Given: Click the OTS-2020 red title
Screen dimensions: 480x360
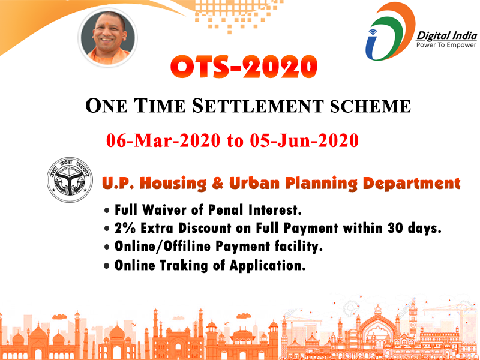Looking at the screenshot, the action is click(244, 67).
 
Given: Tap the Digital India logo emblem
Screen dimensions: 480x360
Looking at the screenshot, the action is click(389, 31).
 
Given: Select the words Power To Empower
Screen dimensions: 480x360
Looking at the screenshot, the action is click(446, 45).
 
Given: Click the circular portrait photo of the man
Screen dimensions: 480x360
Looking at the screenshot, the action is click(108, 37).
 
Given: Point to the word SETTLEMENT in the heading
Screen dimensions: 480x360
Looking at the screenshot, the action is click(257, 106).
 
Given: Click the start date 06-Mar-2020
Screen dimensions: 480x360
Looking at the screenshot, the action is click(163, 141).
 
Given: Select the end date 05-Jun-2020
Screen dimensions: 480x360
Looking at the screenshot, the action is click(304, 141).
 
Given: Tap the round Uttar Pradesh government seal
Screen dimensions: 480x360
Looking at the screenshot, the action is click(70, 180).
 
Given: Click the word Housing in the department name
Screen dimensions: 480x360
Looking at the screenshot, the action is click(173, 184).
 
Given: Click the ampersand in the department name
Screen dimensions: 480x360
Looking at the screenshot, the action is click(218, 184).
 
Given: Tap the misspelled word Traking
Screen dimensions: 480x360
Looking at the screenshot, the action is click(184, 265).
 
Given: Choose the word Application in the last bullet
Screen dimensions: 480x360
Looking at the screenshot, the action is click(268, 265).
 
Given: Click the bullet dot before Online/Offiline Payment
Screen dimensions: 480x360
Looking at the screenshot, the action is click(107, 247).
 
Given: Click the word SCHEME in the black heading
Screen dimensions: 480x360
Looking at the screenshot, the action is click(370, 106).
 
